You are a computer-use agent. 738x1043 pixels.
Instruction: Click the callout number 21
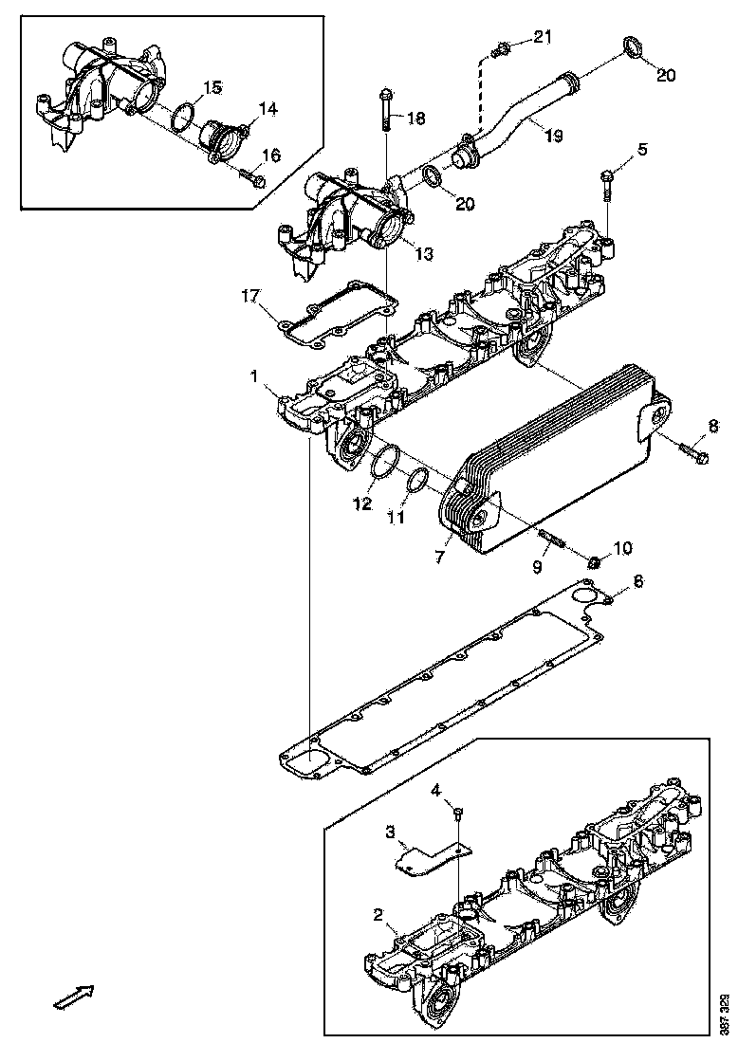pos(541,37)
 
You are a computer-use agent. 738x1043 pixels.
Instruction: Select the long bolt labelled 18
pos(386,112)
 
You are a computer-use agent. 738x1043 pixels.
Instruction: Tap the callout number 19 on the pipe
pos(553,136)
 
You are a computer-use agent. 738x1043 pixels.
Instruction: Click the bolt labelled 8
pos(692,453)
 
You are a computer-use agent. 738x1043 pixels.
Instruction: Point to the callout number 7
pos(439,558)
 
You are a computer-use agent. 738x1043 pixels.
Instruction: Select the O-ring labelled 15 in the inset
pos(184,118)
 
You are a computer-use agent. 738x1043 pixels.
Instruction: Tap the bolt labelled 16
pos(251,176)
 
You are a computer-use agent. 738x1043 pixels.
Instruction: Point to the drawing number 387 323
pos(725,1013)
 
